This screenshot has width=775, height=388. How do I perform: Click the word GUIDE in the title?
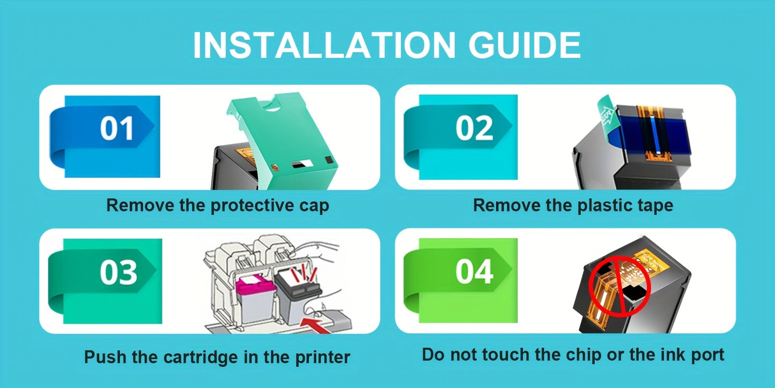(525, 45)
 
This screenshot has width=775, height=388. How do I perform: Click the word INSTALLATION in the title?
(324, 45)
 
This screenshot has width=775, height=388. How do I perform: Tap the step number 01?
(116, 128)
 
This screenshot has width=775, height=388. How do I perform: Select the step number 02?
(474, 128)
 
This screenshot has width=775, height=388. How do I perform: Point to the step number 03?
(119, 272)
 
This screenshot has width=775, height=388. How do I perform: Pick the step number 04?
(474, 272)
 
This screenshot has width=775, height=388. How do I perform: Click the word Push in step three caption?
(105, 357)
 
